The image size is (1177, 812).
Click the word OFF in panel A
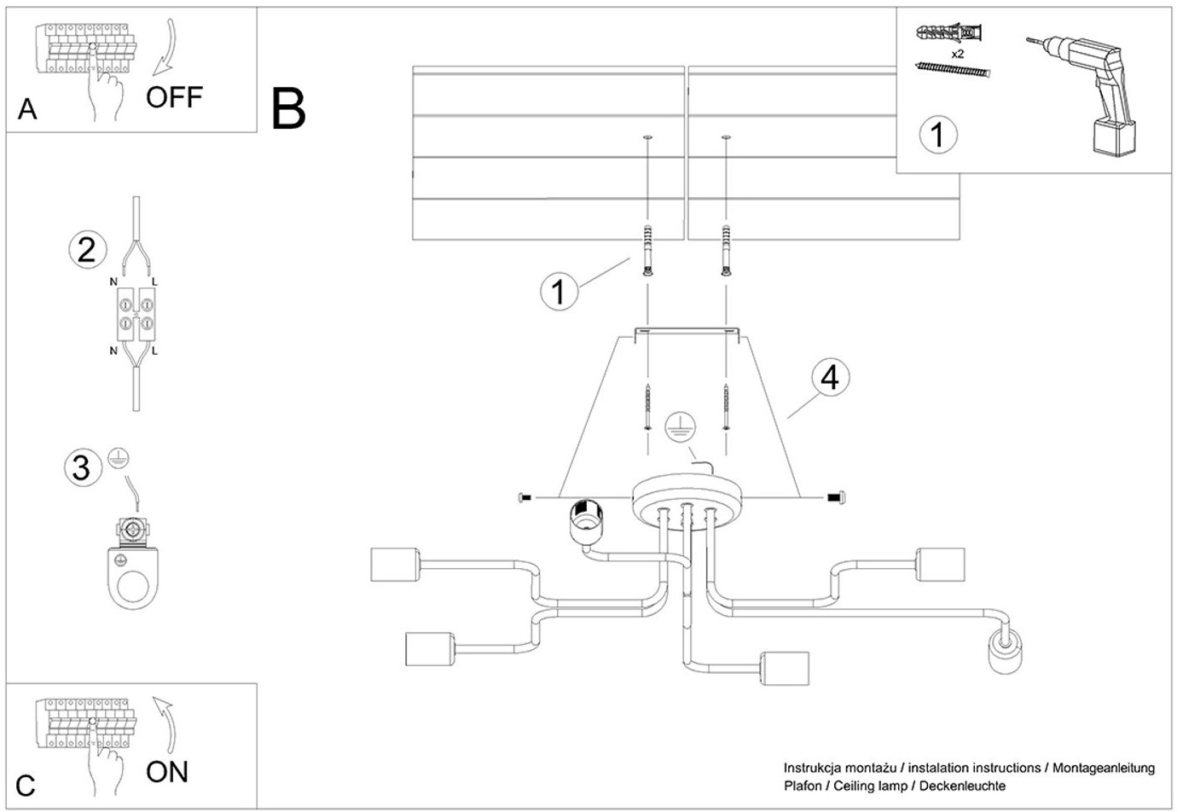pyautogui.click(x=174, y=97)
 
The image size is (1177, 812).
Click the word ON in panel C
pyautogui.click(x=167, y=772)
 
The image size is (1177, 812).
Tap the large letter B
pyautogui.click(x=288, y=109)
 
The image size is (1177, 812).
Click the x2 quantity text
pyautogui.click(x=957, y=54)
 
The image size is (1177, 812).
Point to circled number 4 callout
pyautogui.click(x=830, y=377)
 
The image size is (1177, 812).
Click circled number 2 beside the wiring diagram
pyautogui.click(x=87, y=250)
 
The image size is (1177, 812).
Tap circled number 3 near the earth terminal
pyautogui.click(x=81, y=467)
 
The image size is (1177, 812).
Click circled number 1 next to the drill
pyautogui.click(x=938, y=135)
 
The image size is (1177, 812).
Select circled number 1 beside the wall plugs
pyautogui.click(x=559, y=292)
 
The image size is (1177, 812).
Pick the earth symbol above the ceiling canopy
pyautogui.click(x=680, y=426)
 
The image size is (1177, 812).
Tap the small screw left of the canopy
pyautogui.click(x=525, y=496)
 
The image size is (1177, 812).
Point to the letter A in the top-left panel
pyautogui.click(x=27, y=109)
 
